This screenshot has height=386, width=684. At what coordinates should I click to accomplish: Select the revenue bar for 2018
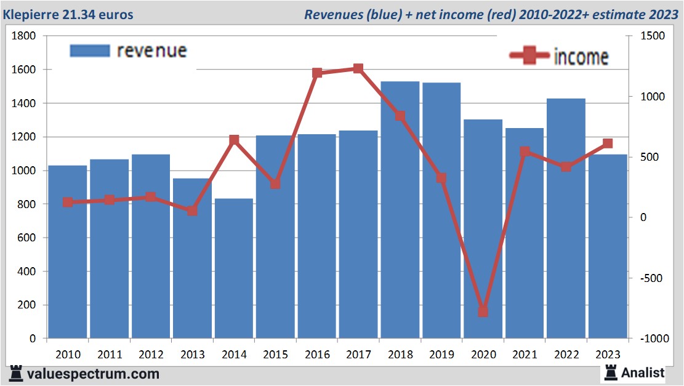pyautogui.click(x=400, y=209)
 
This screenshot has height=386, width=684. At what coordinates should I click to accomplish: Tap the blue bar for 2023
pyautogui.click(x=608, y=246)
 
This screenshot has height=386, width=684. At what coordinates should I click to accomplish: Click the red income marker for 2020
pyautogui.click(x=483, y=312)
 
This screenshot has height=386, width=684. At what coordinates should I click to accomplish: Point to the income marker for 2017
pyautogui.click(x=358, y=68)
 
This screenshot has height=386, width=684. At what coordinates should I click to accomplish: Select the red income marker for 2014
pyautogui.click(x=234, y=140)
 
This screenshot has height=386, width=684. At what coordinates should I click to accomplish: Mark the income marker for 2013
pyautogui.click(x=192, y=211)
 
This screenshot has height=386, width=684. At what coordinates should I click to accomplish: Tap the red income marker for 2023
pyautogui.click(x=608, y=143)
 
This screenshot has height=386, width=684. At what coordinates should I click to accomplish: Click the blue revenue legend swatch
pyautogui.click(x=90, y=50)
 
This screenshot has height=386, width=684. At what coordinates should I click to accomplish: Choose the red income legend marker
pyautogui.click(x=529, y=56)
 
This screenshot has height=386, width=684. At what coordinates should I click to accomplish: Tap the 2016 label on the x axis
pyautogui.click(x=317, y=355)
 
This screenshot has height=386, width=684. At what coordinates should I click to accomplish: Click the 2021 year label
pyautogui.click(x=525, y=355)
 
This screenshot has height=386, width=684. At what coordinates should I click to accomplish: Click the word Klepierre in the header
pyautogui.click(x=30, y=14)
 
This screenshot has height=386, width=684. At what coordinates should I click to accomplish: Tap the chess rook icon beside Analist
pyautogui.click(x=611, y=372)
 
